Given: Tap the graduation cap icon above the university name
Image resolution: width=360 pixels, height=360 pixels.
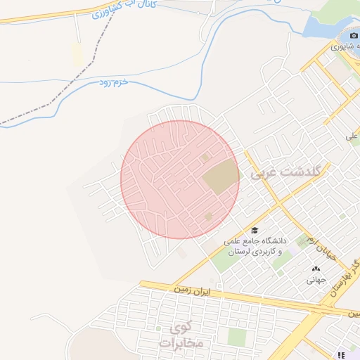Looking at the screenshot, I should (254, 230).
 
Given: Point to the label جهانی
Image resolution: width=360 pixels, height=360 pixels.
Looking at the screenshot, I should (314, 279).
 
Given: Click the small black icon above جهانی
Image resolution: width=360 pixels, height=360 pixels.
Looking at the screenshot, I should (314, 269).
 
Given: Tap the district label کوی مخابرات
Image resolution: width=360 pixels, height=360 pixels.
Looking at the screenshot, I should (180, 335).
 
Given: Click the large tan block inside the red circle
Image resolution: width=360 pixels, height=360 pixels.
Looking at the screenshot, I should (220, 176).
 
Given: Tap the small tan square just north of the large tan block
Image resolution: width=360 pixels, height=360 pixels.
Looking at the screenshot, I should (205, 157).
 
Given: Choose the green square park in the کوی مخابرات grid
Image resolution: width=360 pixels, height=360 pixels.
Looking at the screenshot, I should (237, 337).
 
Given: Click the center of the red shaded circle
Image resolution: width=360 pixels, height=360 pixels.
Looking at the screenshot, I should (180, 179).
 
